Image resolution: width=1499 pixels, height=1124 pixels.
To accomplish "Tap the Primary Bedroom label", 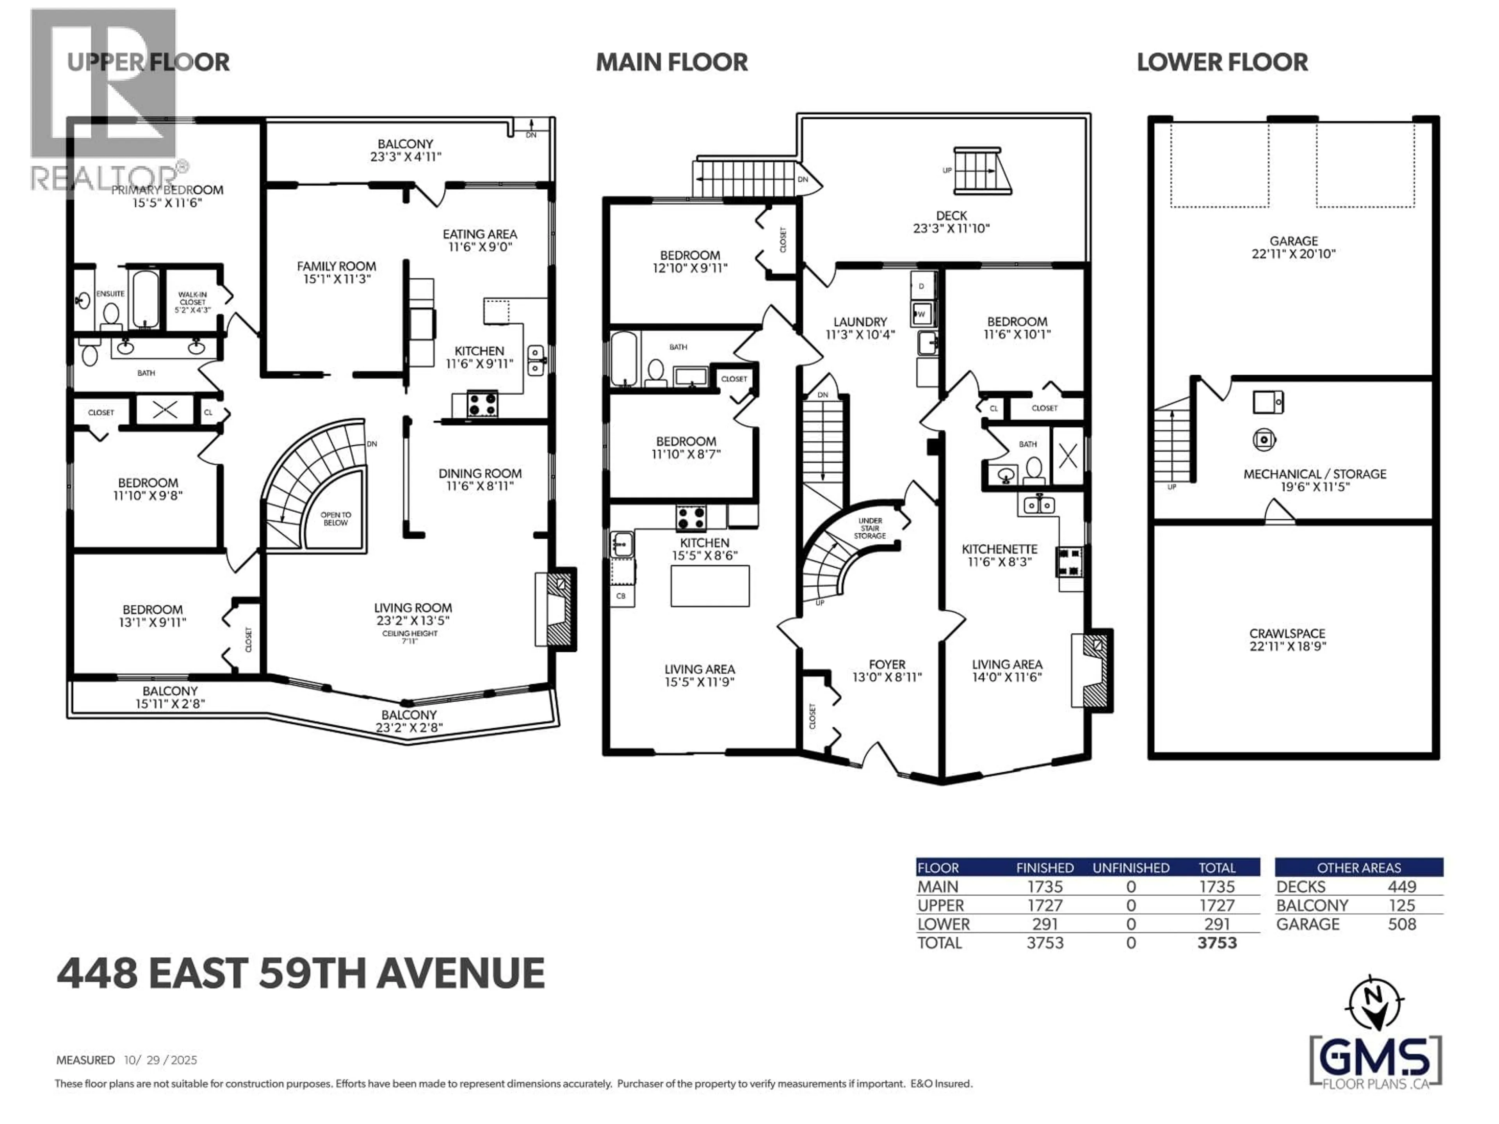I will (167, 190).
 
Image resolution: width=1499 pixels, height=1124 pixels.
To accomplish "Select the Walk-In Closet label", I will (192, 302).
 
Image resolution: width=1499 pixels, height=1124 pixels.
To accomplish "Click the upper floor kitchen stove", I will (482, 404).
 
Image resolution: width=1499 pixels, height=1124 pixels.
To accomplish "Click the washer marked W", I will (921, 314).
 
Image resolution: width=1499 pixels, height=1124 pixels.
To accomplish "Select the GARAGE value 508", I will (1401, 924).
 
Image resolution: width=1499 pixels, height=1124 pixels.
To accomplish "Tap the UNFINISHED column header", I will (1130, 868).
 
